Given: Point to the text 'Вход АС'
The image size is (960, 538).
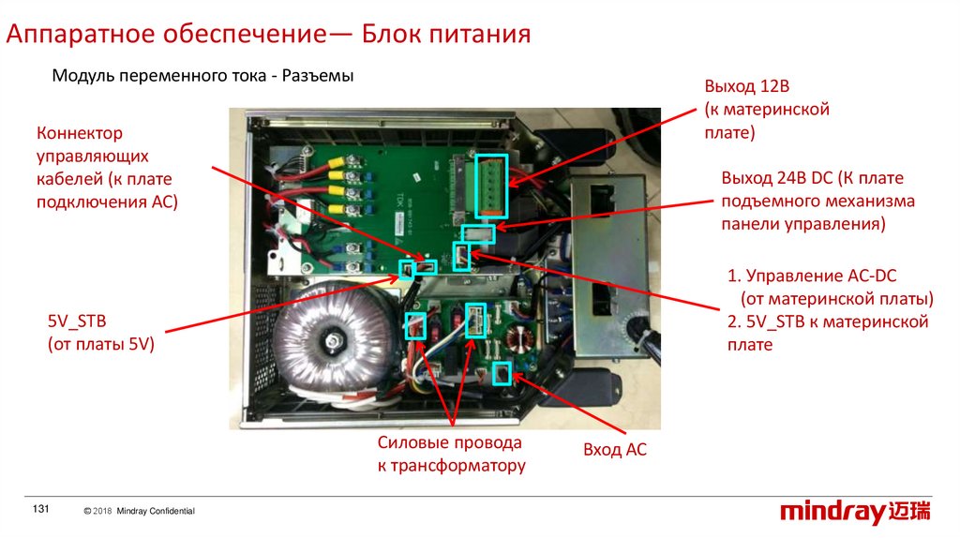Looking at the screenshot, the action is [615, 450].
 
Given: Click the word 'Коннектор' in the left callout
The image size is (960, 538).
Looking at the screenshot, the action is [79, 134].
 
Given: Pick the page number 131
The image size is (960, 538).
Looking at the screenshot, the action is [40, 508].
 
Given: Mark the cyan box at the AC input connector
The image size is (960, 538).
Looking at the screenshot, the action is [502, 374].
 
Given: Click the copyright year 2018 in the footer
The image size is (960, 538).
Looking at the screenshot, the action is [102, 511].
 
